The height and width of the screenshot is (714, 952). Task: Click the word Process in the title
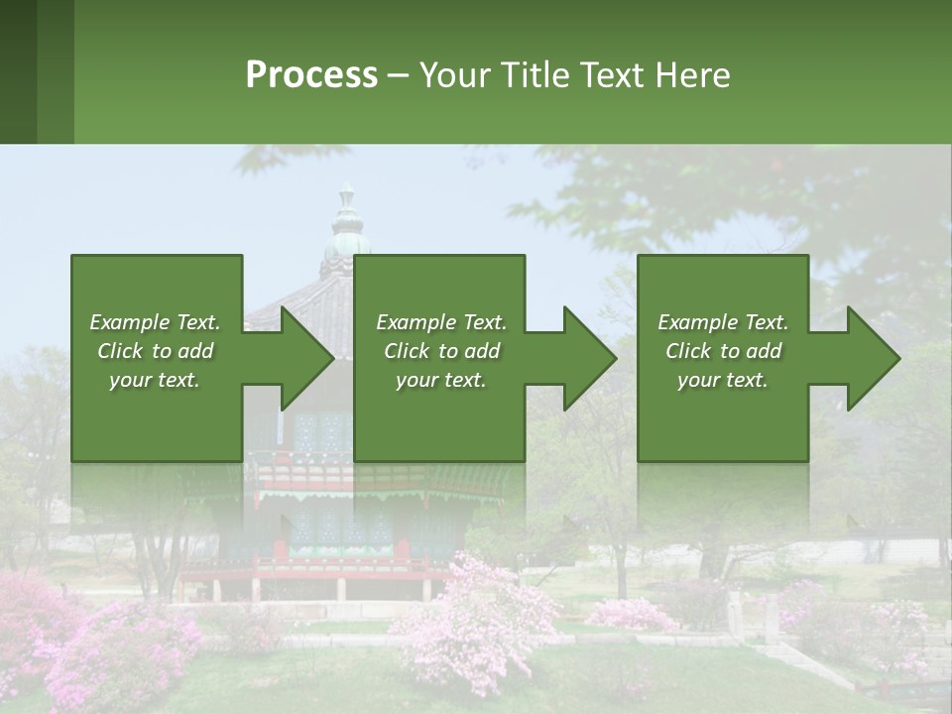click(311, 75)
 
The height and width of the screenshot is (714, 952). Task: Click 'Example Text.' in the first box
click(155, 322)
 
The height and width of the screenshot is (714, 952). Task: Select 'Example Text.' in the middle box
click(441, 322)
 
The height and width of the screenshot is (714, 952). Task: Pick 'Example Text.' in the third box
click(723, 322)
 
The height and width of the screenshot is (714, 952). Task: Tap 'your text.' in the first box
click(155, 380)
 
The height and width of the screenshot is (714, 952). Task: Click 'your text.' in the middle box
click(441, 380)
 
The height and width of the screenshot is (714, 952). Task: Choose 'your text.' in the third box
click(723, 380)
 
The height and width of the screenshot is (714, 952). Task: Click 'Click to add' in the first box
click(155, 351)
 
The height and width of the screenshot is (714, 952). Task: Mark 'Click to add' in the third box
click(723, 351)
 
